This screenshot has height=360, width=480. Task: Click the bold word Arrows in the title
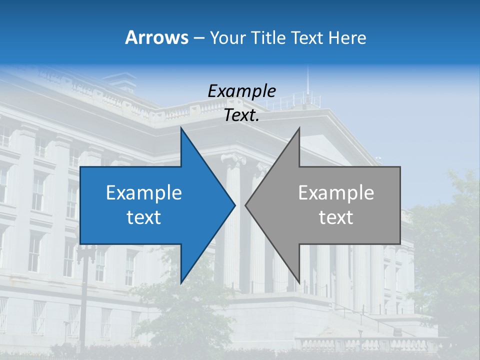[156, 37]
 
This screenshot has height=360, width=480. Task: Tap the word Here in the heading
[347, 37]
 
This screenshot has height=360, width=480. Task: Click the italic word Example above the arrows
[241, 91]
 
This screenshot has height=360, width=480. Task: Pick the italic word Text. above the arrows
[241, 115]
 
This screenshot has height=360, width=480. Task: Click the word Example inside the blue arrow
[144, 193]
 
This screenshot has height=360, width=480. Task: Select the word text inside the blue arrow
[144, 217]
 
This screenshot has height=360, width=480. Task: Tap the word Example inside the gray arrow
[336, 193]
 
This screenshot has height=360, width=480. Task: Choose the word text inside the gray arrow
[336, 217]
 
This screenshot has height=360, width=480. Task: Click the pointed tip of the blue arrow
[235, 205]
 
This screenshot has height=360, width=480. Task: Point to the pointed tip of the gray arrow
[245, 205]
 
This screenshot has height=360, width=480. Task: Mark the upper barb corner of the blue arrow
[181, 128]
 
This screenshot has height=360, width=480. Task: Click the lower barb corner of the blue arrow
[181, 283]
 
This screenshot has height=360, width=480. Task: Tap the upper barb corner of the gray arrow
[299, 128]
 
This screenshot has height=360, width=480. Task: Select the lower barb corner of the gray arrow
[299, 283]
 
